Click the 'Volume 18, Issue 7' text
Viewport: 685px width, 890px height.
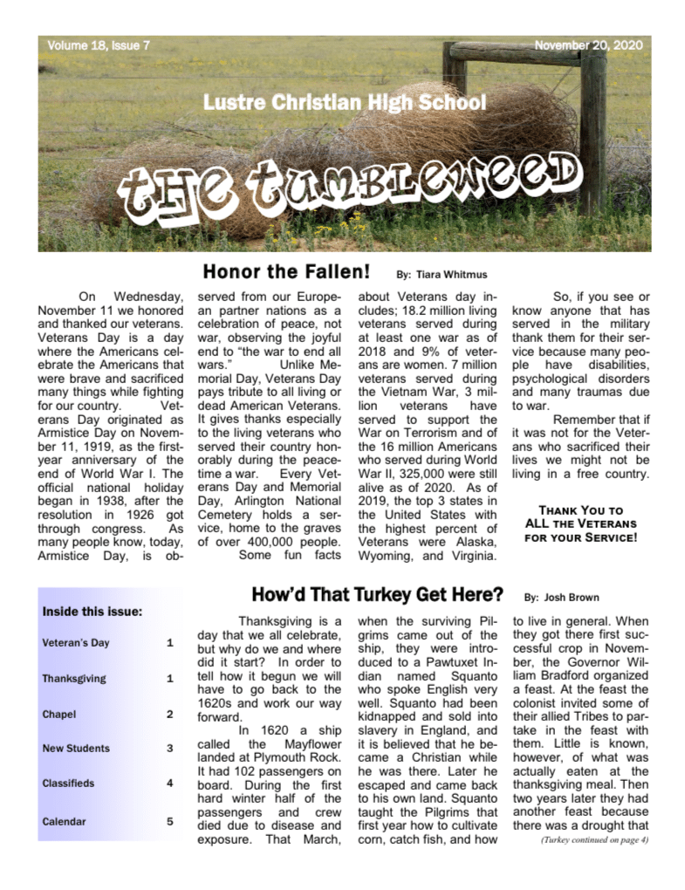click(98, 44)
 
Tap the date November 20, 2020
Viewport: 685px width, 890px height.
click(587, 44)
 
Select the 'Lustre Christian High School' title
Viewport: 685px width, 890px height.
click(345, 102)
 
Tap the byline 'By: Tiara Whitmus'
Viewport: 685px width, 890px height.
click(440, 274)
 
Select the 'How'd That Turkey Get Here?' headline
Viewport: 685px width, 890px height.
click(377, 595)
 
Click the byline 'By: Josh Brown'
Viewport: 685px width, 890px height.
click(554, 599)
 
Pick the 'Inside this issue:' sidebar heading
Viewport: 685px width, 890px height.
click(92, 612)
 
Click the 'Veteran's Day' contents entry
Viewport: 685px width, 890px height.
click(76, 643)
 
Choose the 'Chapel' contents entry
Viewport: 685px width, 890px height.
click(59, 714)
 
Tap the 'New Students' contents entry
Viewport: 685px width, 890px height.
click(76, 748)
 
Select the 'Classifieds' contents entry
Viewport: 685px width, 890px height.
click(70, 784)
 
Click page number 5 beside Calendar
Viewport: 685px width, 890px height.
click(170, 821)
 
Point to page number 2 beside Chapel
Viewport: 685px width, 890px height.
click(170, 714)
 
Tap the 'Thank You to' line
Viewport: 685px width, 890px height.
click(580, 510)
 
